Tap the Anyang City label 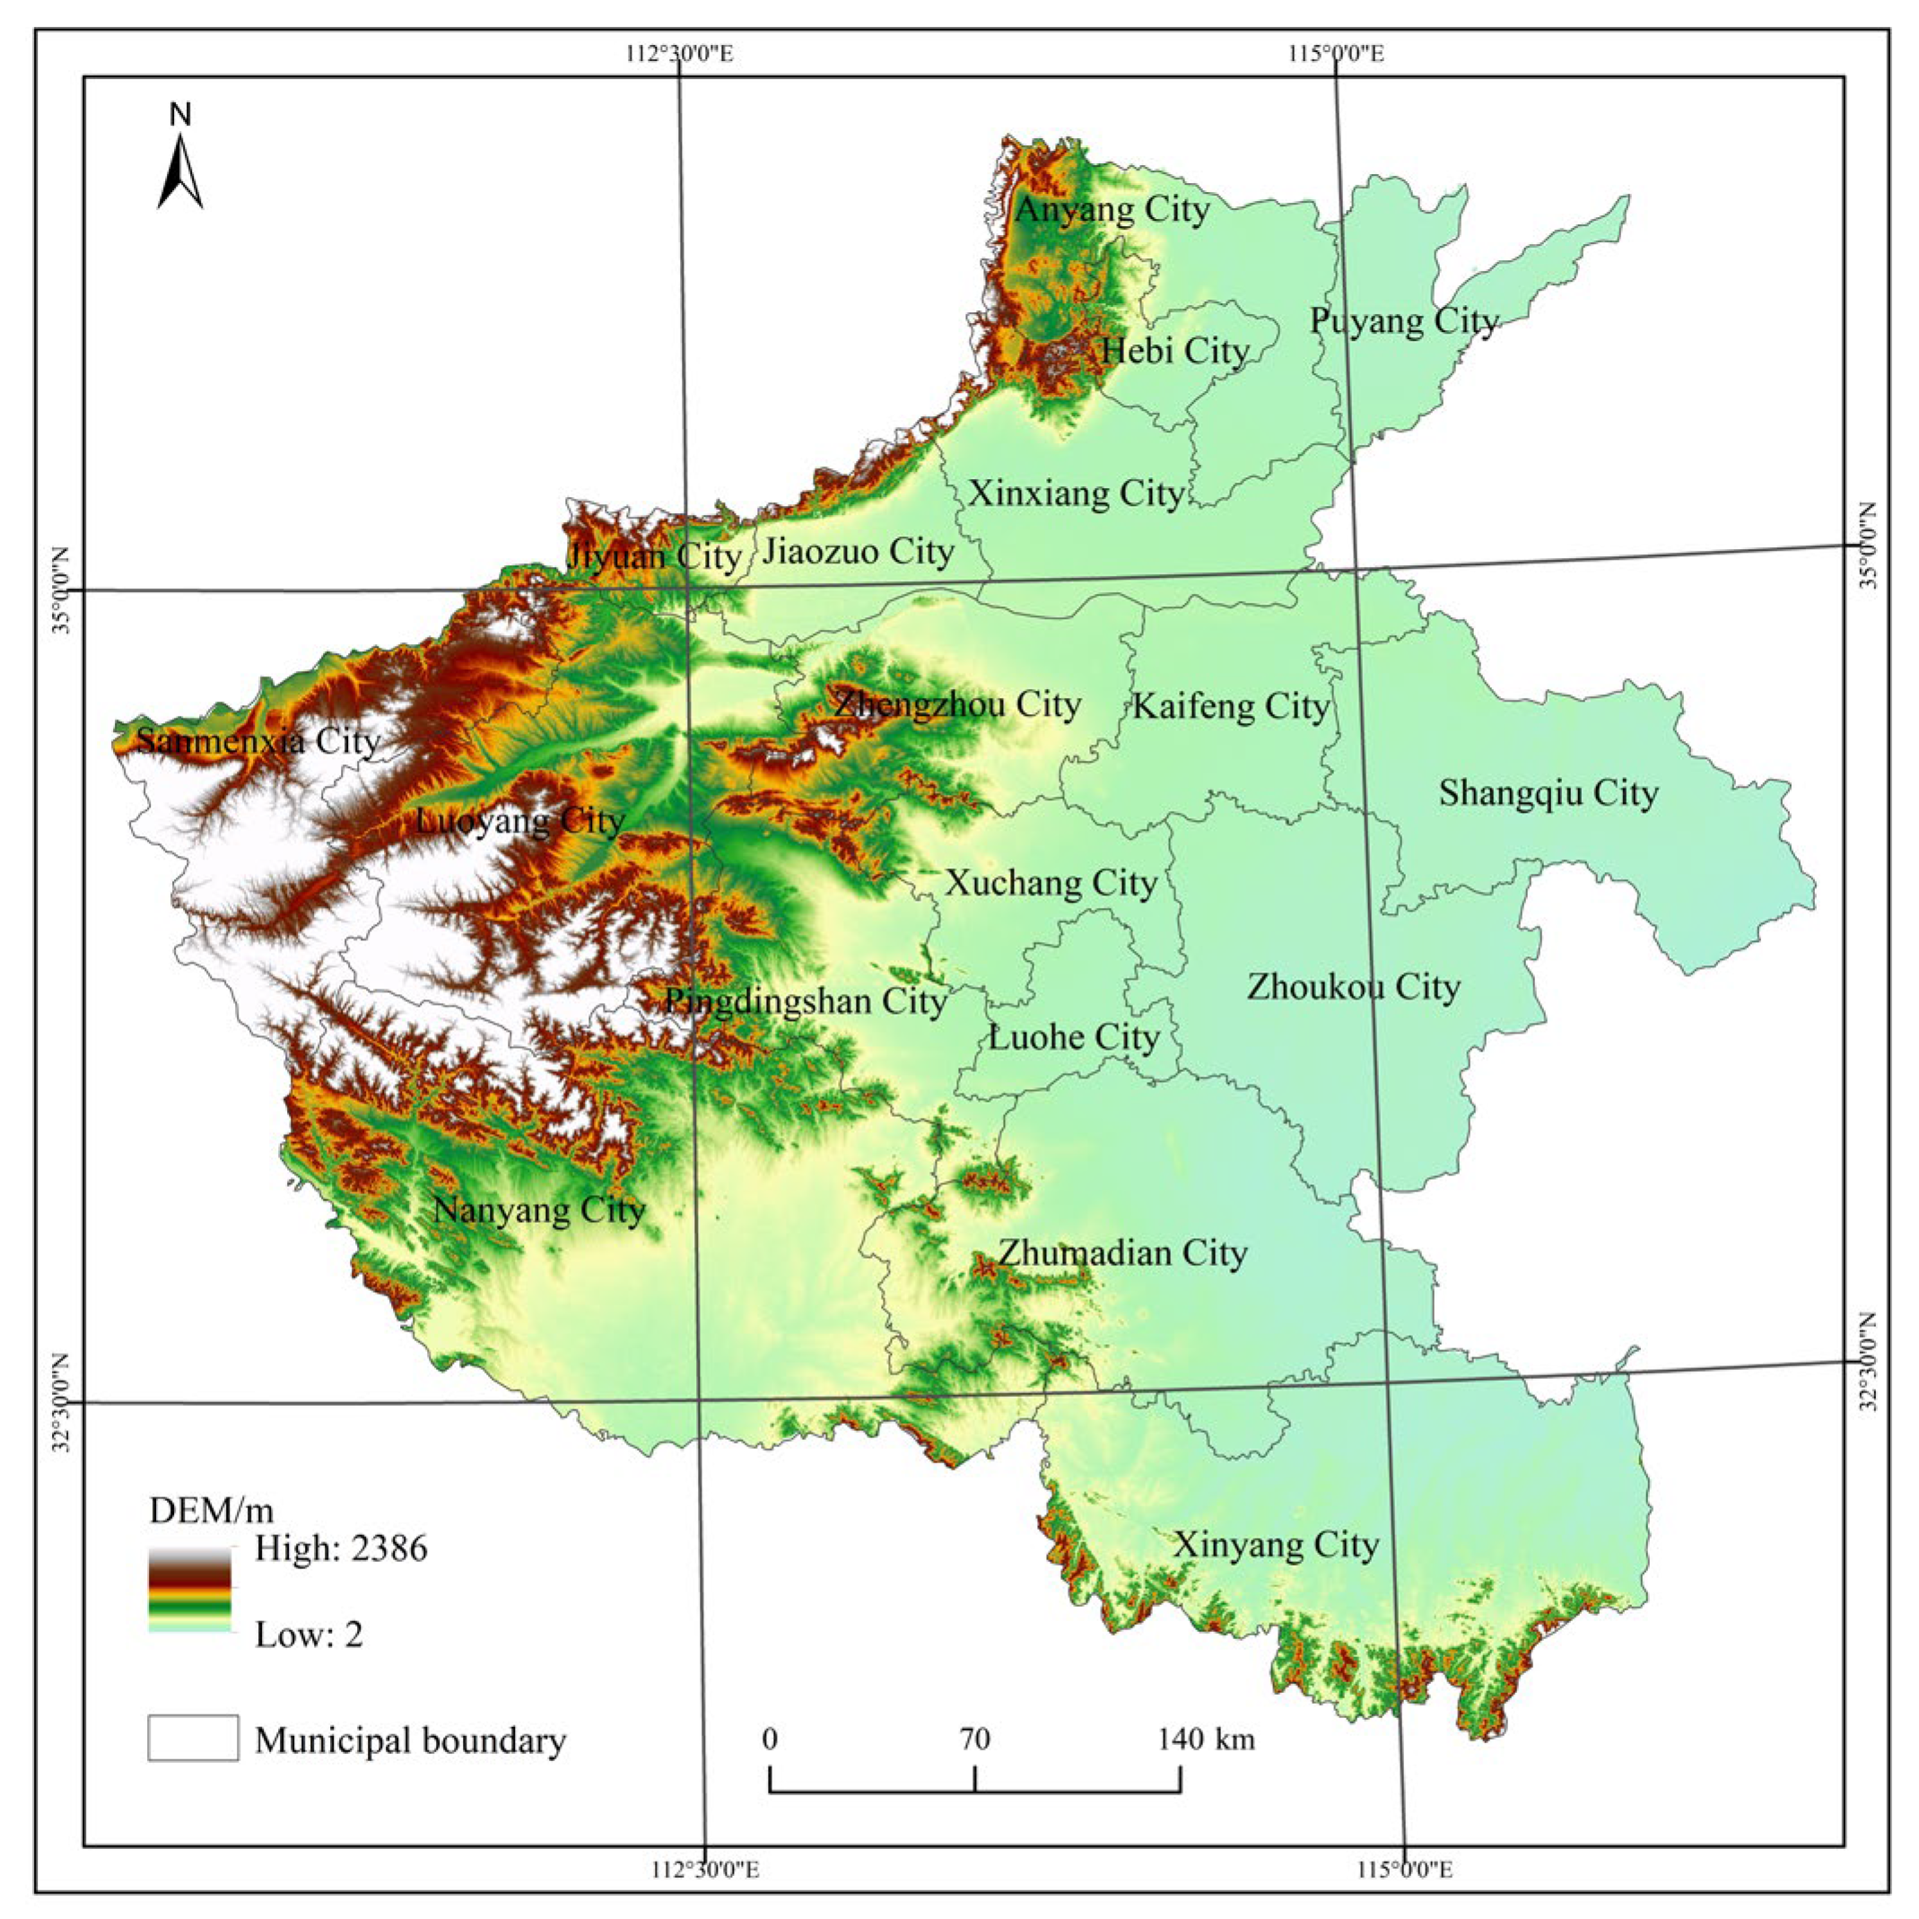1112,210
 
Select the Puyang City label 1402,321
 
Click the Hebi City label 1174,351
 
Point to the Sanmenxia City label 257,741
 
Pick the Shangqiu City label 1548,793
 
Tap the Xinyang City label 1276,1545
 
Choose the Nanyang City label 539,1209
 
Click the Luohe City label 1073,1038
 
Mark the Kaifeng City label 1230,706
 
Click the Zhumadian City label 1122,1252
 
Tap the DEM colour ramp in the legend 189,1589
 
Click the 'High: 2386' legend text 341,1548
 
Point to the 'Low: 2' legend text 309,1634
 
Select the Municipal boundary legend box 193,1739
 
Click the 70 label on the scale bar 974,1740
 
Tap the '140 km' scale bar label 1205,1740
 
